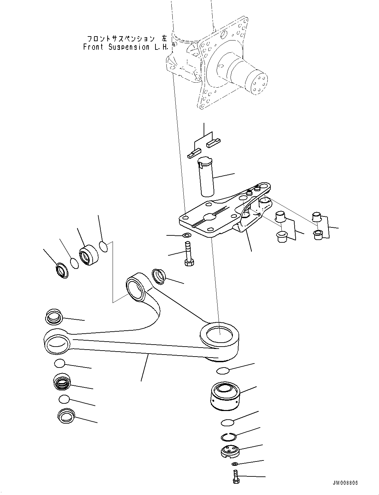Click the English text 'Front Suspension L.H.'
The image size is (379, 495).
(x=126, y=47)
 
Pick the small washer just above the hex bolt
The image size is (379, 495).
(x=187, y=235)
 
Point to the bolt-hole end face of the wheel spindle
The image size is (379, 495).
(x=257, y=84)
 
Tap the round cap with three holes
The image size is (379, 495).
(x=230, y=452)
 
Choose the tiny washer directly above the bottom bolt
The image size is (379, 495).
(x=235, y=463)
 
